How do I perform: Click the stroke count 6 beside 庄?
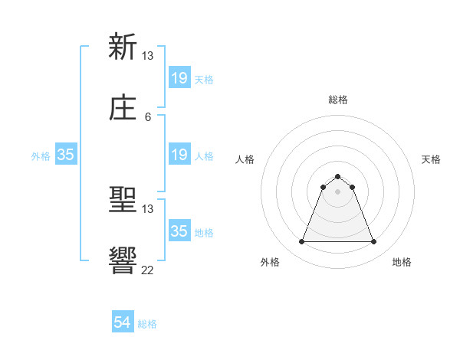(x=148, y=116)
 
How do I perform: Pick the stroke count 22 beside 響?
(x=148, y=270)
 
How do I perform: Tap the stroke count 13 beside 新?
(x=148, y=55)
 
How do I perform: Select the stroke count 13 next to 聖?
(x=148, y=208)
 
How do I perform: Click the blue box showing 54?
(x=123, y=322)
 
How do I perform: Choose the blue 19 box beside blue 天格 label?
(x=179, y=78)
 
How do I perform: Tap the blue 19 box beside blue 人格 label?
(x=179, y=155)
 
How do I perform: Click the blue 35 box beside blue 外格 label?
(x=66, y=155)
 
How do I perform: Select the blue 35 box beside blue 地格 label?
(x=179, y=231)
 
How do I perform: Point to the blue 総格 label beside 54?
(x=147, y=324)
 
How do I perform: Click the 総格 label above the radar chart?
(x=338, y=100)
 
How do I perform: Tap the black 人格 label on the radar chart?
(x=245, y=159)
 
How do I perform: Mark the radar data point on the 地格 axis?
(x=374, y=242)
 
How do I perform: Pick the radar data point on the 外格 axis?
(x=301, y=242)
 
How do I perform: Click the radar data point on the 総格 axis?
(x=338, y=176)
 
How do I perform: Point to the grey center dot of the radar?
(x=338, y=191)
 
